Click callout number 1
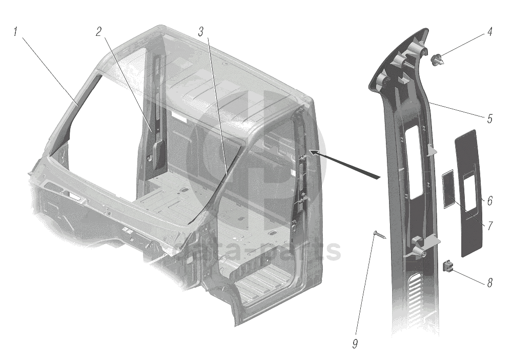(x=16, y=32)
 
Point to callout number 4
(x=489, y=32)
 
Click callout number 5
(x=489, y=119)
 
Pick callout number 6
(x=489, y=201)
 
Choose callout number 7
(x=489, y=225)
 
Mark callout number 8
(x=489, y=283)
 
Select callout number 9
(x=354, y=344)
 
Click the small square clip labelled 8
(x=448, y=267)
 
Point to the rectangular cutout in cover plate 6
(x=470, y=192)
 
